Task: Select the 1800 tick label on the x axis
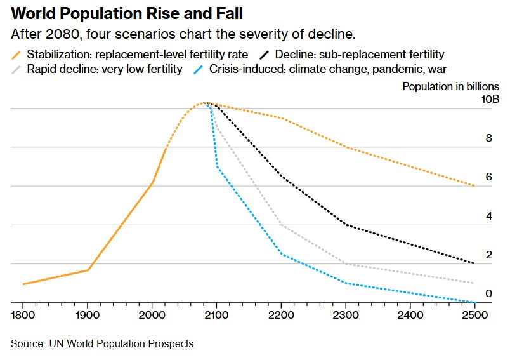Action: pyautogui.click(x=23, y=315)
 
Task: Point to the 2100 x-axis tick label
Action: pyautogui.click(x=216, y=315)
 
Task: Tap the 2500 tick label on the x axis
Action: pyautogui.click(x=474, y=315)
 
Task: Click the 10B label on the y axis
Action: pyautogui.click(x=490, y=99)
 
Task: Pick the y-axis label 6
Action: pyautogui.click(x=488, y=177)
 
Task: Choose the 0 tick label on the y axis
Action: pyautogui.click(x=488, y=293)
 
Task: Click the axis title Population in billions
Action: pyautogui.click(x=450, y=86)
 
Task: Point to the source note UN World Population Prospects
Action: pyautogui.click(x=102, y=343)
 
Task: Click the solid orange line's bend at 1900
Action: pyautogui.click(x=88, y=270)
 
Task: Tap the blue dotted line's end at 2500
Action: pyautogui.click(x=474, y=302)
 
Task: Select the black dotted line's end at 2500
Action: pyautogui.click(x=474, y=263)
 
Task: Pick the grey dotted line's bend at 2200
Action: pyautogui.click(x=281, y=225)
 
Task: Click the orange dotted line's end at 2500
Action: pyautogui.click(x=474, y=185)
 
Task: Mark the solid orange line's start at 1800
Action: pyautogui.click(x=23, y=284)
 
